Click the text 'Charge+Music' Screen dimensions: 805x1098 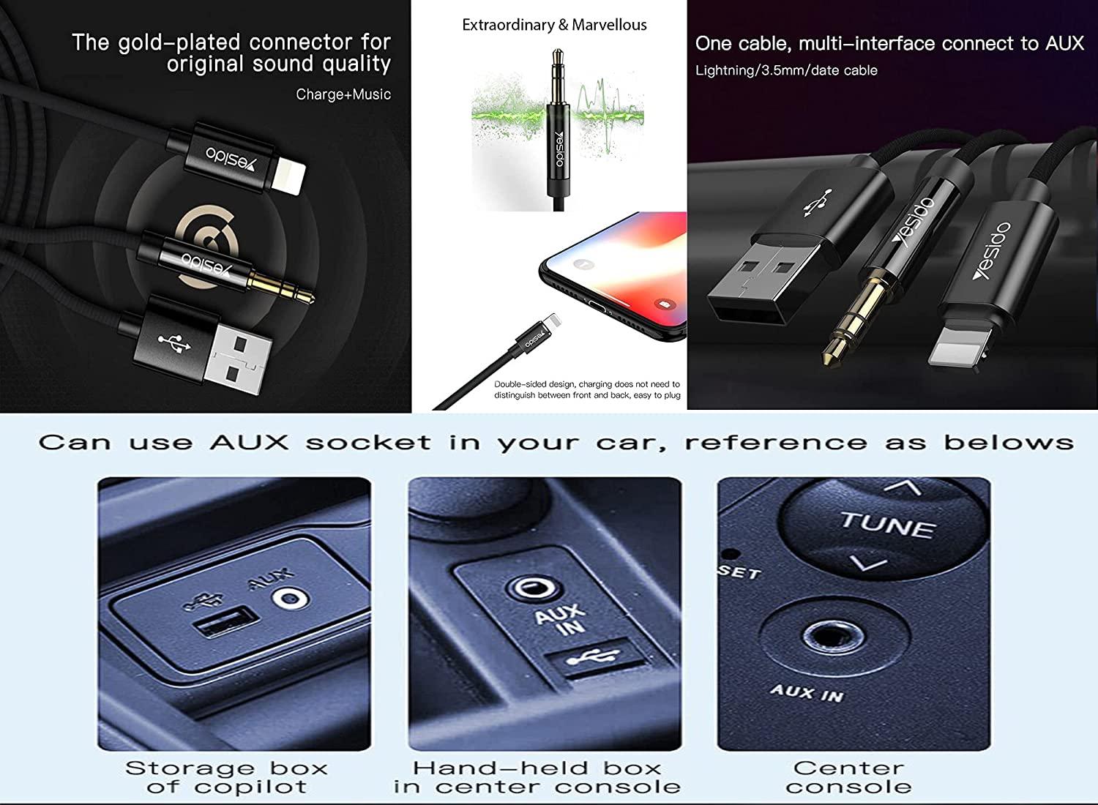pyautogui.click(x=343, y=94)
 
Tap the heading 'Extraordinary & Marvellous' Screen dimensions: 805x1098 pyautogui.click(x=554, y=25)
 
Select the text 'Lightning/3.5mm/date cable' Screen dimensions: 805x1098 pyautogui.click(x=785, y=70)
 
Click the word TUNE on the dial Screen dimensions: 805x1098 pyautogui.click(x=887, y=524)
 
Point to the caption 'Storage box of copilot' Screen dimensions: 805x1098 pyautogui.click(x=226, y=777)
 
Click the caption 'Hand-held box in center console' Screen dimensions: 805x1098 pyautogui.click(x=537, y=777)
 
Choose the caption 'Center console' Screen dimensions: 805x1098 pyautogui.click(x=848, y=777)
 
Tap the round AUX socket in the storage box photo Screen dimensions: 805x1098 pyautogui.click(x=290, y=599)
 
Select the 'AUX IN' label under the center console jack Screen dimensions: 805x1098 pyautogui.click(x=807, y=692)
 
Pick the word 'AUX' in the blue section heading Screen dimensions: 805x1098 pyautogui.click(x=249, y=443)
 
